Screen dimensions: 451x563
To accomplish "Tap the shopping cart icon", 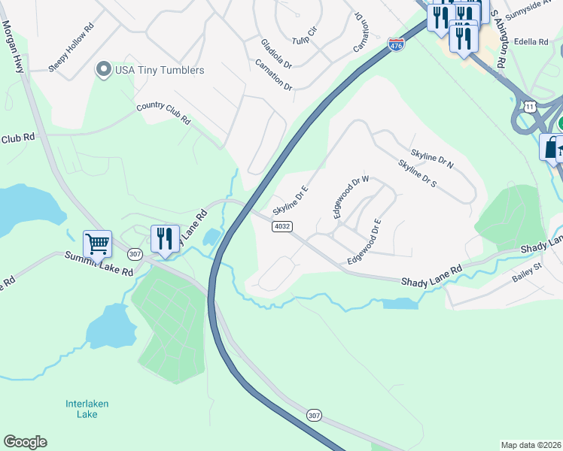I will (97, 244).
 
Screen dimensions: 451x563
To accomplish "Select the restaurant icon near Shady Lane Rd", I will (165, 238).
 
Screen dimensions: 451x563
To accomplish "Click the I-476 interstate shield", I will (396, 45).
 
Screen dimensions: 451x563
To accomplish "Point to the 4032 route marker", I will (282, 225).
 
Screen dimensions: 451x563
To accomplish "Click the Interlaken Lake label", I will (87, 409).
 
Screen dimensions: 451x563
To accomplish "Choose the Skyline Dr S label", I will (418, 174).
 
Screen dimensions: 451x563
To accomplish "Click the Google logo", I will (25, 442).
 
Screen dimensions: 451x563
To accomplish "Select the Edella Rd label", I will (533, 42).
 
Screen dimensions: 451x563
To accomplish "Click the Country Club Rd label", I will (163, 114).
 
